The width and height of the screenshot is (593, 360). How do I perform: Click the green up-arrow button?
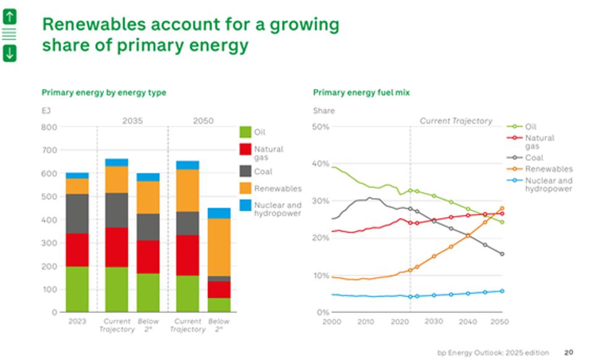9,17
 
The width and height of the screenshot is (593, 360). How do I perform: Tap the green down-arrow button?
9,53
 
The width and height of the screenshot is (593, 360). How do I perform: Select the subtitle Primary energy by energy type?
103,93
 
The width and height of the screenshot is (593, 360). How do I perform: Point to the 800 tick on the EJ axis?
49,127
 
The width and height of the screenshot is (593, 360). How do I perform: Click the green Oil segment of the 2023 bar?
77,289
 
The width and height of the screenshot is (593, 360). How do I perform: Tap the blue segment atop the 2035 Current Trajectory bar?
116,162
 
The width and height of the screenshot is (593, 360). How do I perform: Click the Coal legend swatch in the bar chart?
246,171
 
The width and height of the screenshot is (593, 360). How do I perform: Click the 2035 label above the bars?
132,121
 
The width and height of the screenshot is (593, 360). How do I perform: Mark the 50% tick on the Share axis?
321,127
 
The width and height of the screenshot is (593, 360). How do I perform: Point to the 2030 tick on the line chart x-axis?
433,322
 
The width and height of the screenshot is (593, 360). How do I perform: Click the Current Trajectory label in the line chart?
456,121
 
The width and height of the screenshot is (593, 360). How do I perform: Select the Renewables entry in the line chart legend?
548,169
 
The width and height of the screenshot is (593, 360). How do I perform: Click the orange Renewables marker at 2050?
502,208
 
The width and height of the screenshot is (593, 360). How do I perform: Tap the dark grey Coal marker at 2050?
502,254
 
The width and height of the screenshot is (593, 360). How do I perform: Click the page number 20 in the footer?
568,353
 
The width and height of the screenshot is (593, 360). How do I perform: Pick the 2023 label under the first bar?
77,322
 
